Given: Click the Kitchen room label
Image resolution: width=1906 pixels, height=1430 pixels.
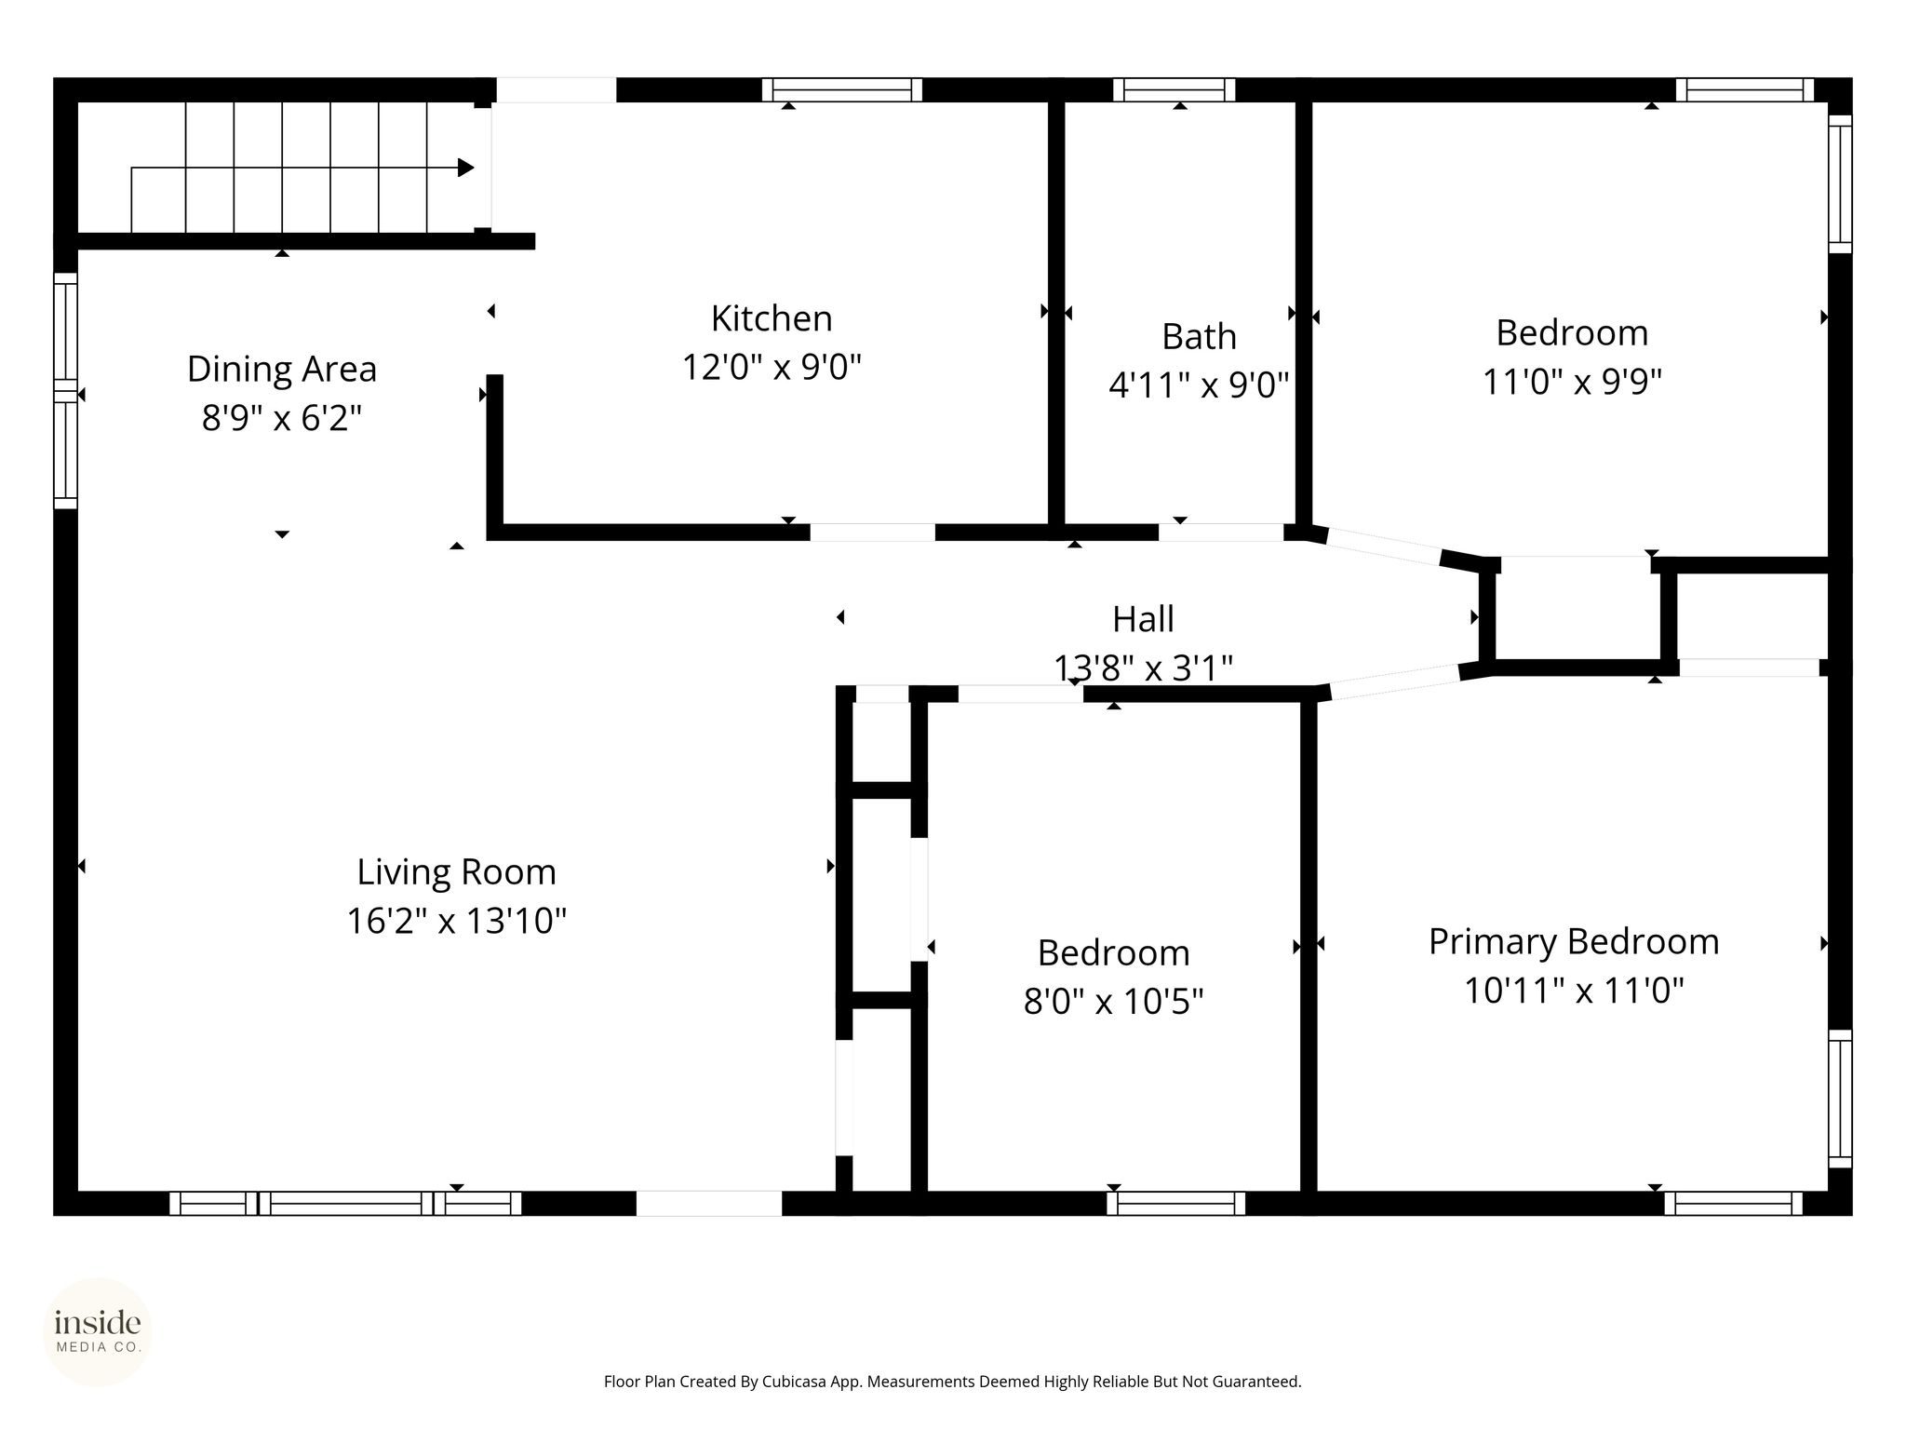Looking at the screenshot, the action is coord(772,318).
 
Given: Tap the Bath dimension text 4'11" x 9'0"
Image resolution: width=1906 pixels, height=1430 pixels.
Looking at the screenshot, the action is coord(1199,384).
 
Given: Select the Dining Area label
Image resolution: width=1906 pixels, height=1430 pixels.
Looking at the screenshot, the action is coord(282,369).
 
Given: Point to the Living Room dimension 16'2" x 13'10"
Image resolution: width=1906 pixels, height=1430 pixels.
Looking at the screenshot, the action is coord(457,921).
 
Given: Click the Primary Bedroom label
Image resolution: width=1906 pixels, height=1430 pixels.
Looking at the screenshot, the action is coord(1574,941).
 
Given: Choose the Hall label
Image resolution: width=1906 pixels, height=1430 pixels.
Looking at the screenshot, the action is coord(1144,619).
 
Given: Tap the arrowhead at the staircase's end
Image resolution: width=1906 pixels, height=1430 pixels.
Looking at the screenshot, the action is coord(466,168).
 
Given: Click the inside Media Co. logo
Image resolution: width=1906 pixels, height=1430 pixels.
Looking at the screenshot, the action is coord(98,1330).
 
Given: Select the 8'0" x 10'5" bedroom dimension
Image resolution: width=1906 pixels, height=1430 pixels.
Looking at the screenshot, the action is coord(1114,1002).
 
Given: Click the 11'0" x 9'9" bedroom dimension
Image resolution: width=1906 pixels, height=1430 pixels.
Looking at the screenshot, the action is coord(1573,382).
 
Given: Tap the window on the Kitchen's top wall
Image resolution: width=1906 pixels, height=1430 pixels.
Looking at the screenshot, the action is coord(842,90).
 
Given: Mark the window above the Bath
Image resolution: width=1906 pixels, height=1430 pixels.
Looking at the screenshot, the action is coord(1174,90).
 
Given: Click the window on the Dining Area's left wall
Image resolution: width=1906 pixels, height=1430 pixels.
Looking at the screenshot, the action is coord(65,391).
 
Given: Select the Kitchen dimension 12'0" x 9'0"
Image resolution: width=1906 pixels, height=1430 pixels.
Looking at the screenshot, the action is coord(772,368).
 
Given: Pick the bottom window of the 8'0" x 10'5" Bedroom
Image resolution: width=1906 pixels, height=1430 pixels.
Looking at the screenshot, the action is coord(1176,1203).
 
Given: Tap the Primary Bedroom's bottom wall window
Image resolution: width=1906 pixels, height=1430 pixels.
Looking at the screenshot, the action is coord(1734,1203).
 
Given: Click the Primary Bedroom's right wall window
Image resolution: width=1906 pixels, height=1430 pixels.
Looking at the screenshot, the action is coord(1840,1099).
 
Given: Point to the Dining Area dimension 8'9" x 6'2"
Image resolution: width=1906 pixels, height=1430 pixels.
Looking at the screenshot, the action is coord(282,418).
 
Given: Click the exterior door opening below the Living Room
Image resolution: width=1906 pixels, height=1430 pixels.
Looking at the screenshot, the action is coord(709,1203).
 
